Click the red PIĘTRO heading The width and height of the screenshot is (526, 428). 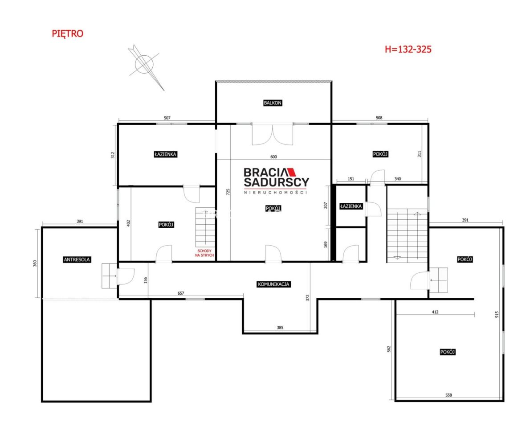67,33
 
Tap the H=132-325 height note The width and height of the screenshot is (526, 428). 408,49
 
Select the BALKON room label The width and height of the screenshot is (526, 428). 273,103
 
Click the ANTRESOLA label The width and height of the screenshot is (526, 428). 77,259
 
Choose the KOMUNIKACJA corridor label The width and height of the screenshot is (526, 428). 273,284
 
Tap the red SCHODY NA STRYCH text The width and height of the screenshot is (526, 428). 204,253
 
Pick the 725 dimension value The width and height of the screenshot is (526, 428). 228,192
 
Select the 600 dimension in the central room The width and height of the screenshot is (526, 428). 274,157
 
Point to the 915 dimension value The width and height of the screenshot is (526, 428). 497,315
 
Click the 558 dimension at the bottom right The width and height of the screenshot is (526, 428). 449,395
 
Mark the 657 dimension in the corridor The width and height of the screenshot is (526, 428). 181,293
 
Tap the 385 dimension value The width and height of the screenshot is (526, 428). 280,327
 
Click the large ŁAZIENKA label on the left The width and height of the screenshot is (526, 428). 166,154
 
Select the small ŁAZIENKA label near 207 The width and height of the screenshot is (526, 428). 351,206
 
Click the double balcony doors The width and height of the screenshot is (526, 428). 273,134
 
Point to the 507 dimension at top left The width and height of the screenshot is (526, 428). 167,118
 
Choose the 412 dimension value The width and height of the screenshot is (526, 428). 435,312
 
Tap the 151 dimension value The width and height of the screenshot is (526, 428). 351,179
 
